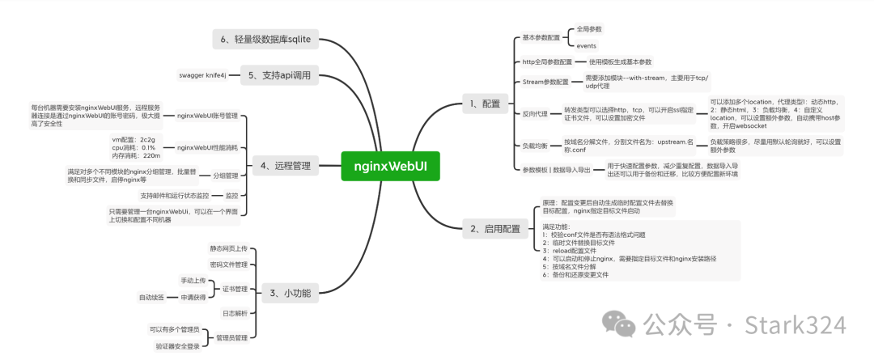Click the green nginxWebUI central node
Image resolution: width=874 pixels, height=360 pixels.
[x=392, y=166]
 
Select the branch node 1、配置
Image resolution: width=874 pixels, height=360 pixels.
[x=485, y=104]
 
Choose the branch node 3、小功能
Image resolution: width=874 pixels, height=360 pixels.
[x=290, y=292]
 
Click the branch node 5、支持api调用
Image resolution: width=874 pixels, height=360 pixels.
[x=280, y=75]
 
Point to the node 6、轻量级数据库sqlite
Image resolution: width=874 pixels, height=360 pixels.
[x=267, y=37]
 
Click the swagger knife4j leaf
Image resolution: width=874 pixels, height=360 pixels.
[x=204, y=75]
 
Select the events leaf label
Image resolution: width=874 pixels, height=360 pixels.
[x=587, y=45]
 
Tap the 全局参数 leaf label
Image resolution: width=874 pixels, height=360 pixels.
[x=589, y=28]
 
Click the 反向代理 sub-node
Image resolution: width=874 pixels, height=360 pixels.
[x=536, y=114]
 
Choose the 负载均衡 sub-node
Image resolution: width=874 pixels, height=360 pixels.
[x=536, y=145]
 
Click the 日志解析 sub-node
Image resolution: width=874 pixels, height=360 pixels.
[x=235, y=312]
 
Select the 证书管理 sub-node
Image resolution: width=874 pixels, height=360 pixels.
[x=235, y=288]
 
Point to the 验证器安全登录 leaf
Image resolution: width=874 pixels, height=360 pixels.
[x=177, y=345]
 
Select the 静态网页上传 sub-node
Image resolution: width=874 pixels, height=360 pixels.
[x=228, y=248]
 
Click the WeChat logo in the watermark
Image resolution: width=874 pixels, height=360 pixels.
[x=624, y=325]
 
